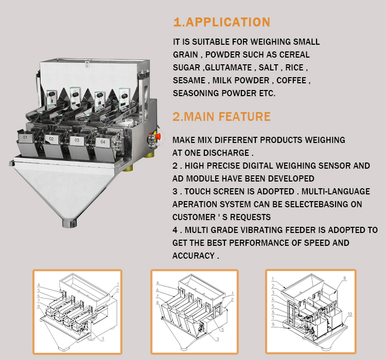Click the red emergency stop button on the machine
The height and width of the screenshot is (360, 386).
pos(151,137)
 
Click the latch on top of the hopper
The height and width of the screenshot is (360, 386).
pos(86,64)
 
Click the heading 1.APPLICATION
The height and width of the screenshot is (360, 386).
pos(221,22)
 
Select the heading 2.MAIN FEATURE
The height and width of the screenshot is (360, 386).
pos(221,116)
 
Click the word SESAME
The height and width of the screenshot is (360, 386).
pos(188,81)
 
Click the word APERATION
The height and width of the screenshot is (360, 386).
pos(195,204)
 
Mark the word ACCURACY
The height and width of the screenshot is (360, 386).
pos(192,256)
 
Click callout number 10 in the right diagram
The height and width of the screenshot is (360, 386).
pos(349,314)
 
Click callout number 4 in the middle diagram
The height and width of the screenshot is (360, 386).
pos(159,282)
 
